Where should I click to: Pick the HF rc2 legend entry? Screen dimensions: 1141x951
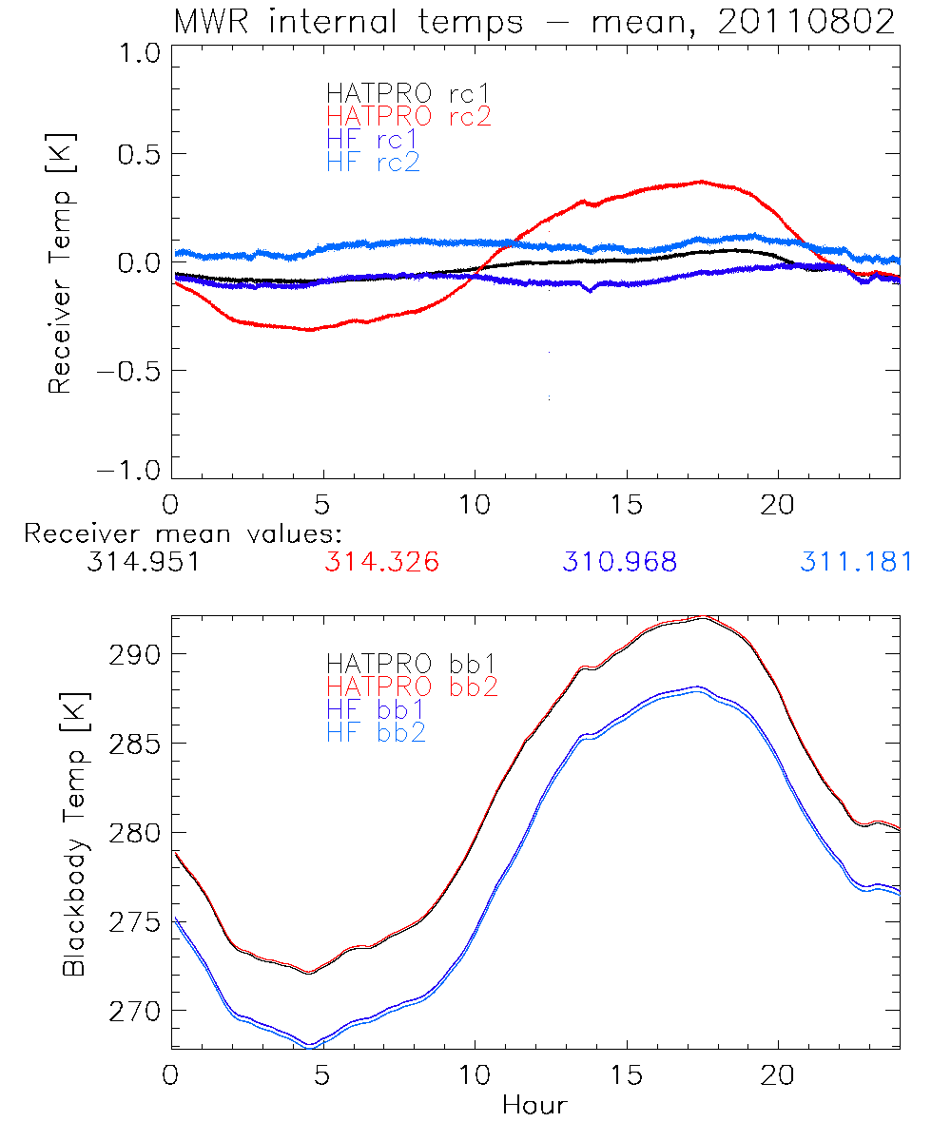(373, 162)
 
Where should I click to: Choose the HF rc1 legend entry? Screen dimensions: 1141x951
(373, 139)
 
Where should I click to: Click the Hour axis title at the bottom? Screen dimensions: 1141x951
(534, 1105)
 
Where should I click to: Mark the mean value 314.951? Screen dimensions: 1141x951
(143, 562)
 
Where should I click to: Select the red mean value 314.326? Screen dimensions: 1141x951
(381, 562)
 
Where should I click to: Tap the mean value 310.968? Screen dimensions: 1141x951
(619, 562)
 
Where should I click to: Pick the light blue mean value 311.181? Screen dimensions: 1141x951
(856, 562)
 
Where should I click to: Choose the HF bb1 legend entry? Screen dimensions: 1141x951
(375, 708)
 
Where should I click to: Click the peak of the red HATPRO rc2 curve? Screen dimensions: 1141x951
(701, 181)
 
